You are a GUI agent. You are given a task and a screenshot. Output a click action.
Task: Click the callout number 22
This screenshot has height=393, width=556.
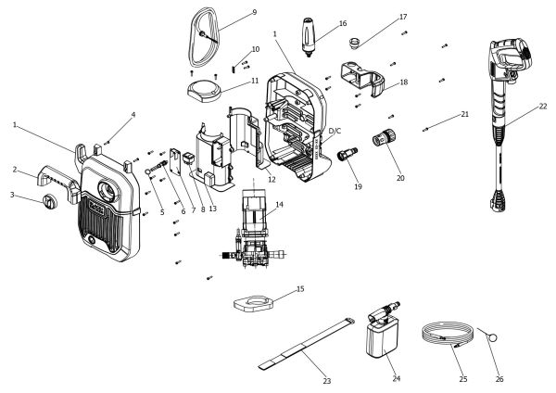coord(543,107)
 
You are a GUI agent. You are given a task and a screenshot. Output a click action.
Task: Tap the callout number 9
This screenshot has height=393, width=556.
coord(254,12)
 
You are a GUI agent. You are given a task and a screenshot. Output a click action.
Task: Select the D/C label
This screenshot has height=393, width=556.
coord(335,131)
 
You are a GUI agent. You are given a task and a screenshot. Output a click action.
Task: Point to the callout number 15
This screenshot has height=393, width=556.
coord(300,289)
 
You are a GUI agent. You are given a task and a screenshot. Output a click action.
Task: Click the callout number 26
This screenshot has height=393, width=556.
coord(499,379)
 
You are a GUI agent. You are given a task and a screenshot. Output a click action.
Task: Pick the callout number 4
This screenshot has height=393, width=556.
coord(133,115)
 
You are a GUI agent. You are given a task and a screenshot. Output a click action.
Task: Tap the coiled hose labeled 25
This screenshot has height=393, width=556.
coord(448,334)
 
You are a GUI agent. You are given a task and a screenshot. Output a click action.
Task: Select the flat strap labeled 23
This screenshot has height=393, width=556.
coord(307,345)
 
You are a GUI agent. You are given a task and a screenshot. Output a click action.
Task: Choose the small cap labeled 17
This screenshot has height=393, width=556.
coord(354,43)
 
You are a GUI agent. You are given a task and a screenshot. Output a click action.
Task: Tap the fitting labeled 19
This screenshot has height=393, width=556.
coord(347,154)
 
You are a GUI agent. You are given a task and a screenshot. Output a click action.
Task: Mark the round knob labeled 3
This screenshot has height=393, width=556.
coord(48,201)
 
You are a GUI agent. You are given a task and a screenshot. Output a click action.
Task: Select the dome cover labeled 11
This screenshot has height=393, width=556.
coord(204,91)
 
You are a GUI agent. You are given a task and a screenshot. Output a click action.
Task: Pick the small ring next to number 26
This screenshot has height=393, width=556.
coord(492,337)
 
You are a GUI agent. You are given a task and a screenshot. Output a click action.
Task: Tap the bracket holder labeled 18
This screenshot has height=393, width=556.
coord(363,79)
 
